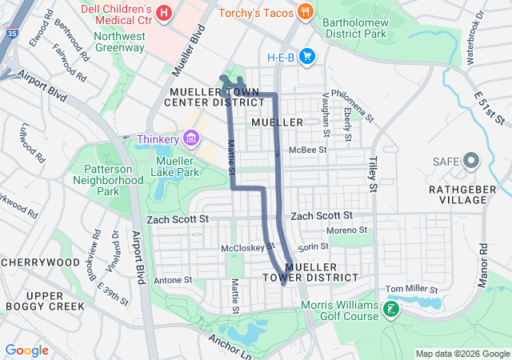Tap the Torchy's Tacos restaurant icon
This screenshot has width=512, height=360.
pyautogui.click(x=305, y=11)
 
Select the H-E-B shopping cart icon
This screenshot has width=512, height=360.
pyautogui.click(x=308, y=56)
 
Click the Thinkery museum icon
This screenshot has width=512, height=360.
pyautogui.click(x=190, y=139)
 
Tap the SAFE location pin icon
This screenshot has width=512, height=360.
pyautogui.click(x=471, y=162)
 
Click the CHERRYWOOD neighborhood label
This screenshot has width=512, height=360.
pyautogui.click(x=40, y=262)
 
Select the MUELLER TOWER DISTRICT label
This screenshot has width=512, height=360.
pyautogui.click(x=310, y=272)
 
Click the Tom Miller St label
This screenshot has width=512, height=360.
pyautogui.click(x=412, y=289)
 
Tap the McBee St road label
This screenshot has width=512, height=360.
pyautogui.click(x=308, y=150)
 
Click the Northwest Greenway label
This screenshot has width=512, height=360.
pyautogui.click(x=119, y=42)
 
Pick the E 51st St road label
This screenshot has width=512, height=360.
pyautogui.click(x=490, y=108)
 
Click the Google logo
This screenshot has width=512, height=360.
pyautogui.click(x=27, y=350)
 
